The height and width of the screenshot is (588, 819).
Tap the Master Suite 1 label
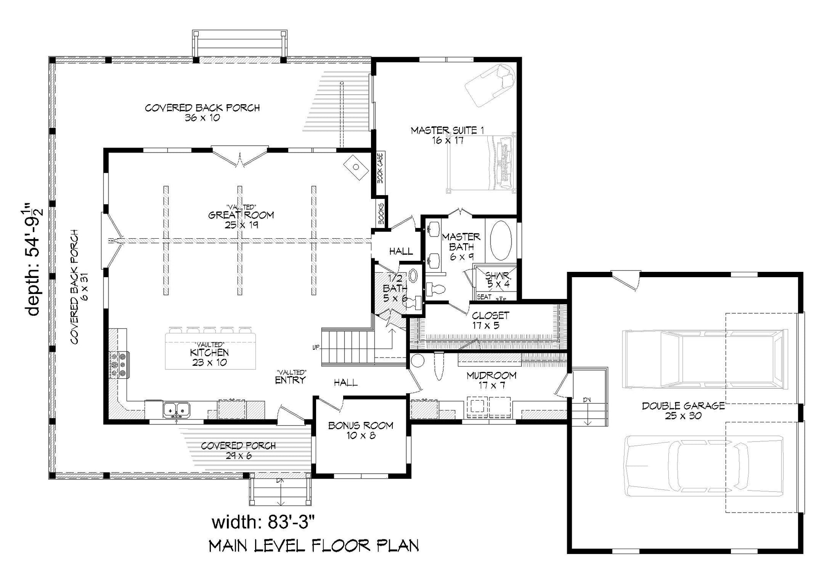[447, 135]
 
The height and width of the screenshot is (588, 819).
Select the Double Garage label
[683, 410]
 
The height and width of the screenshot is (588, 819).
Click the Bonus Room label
[360, 430]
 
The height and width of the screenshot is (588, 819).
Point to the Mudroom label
[491, 380]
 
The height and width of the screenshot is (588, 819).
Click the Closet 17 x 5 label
[490, 320]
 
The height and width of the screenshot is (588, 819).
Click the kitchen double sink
[176, 409]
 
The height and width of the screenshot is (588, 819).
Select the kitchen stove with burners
[119, 365]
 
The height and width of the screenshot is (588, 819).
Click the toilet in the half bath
[416, 303]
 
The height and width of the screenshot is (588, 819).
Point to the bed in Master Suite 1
[481, 162]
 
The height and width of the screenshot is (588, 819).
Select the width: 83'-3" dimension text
[263, 522]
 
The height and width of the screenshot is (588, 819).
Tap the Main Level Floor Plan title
[314, 546]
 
